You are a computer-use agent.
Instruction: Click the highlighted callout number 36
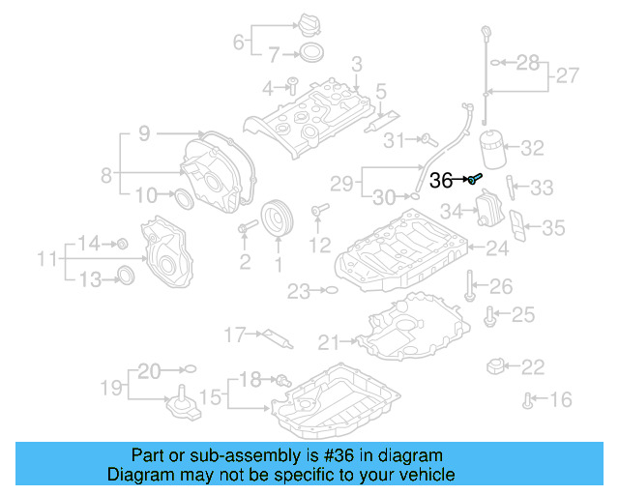pyautogui.click(x=441, y=180)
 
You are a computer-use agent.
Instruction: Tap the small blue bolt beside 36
pyautogui.click(x=476, y=179)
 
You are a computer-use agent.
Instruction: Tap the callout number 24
pyautogui.click(x=496, y=248)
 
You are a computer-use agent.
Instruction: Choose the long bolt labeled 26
pyautogui.click(x=469, y=286)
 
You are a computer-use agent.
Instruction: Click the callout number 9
pyautogui.click(x=143, y=134)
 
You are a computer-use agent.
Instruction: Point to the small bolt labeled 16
pyautogui.click(x=528, y=397)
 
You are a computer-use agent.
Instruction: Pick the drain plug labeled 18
pyautogui.click(x=281, y=379)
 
